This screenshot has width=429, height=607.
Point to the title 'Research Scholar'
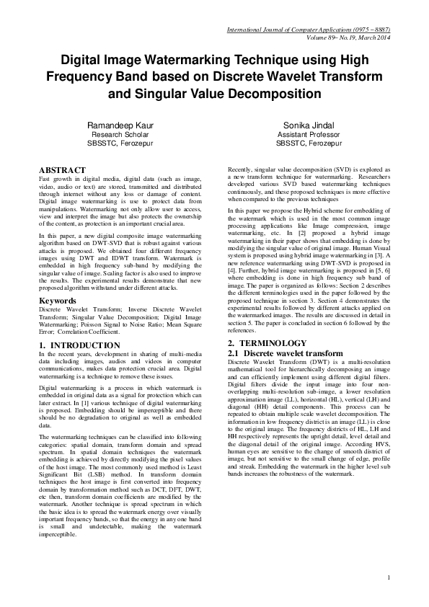pos(119,134)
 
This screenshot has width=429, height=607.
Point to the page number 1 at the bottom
pos(388,577)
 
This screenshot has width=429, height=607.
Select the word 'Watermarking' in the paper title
pos(187,59)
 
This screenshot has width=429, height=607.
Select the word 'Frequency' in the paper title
pos(81,76)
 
